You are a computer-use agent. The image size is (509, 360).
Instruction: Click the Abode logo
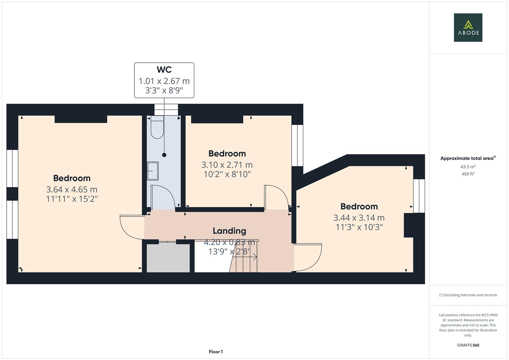[x=468, y=27]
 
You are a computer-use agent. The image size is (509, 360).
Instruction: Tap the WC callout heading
[x=164, y=70]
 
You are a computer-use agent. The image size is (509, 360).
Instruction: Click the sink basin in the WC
[x=153, y=171]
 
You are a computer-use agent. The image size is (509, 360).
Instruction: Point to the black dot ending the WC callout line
[x=164, y=155]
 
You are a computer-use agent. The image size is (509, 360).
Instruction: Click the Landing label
[x=229, y=231]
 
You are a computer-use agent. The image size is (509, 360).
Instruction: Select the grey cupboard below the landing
[x=168, y=258]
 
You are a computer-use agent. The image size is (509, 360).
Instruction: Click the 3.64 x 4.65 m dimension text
[x=72, y=190]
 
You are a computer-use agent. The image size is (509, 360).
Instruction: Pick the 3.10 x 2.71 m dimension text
[x=227, y=165]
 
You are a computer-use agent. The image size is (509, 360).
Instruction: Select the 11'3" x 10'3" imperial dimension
[x=359, y=227]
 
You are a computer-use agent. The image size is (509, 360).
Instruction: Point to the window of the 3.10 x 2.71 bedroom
[x=297, y=145]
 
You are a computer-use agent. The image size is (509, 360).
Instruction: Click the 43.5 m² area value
[x=468, y=167]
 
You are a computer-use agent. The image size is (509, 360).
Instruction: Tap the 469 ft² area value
[x=468, y=174]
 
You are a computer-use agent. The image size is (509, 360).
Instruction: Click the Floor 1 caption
[x=216, y=352]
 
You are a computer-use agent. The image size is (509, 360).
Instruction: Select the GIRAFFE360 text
[x=468, y=345]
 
